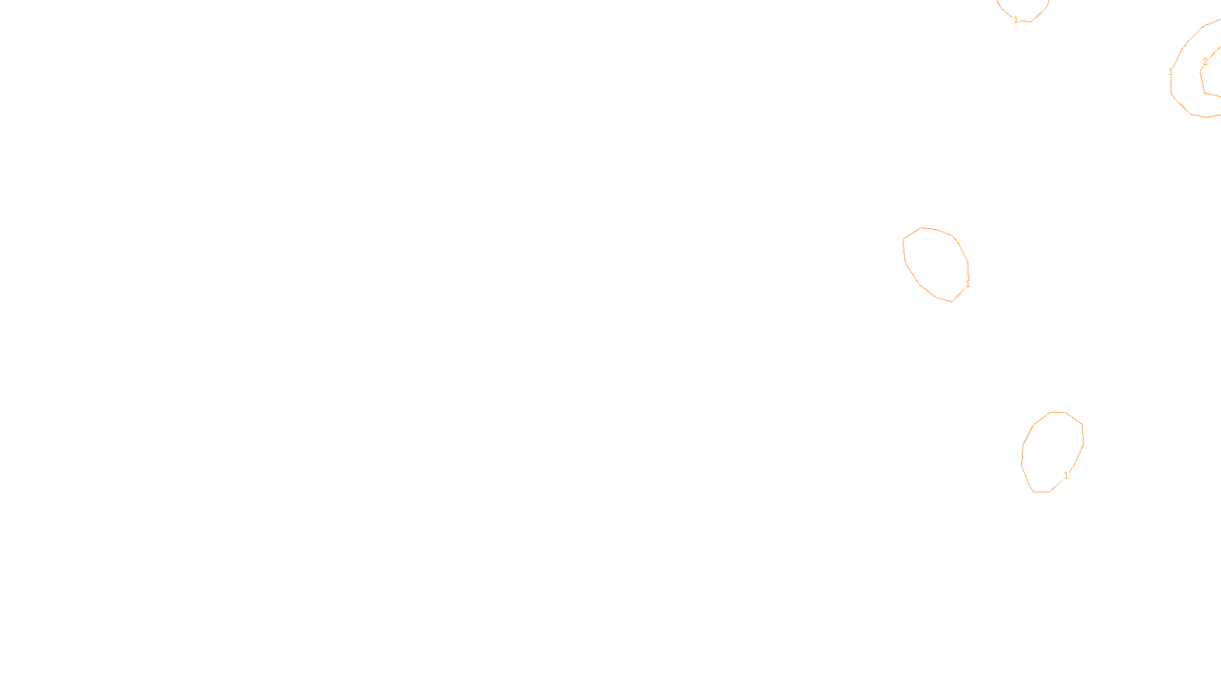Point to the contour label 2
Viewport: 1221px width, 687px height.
(x=1205, y=62)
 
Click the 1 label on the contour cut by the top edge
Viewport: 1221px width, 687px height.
(x=1016, y=20)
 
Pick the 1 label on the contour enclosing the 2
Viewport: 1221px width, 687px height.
(x=1171, y=72)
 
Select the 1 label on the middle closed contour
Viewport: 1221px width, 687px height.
(x=968, y=284)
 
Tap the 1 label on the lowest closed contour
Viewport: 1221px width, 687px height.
(x=1066, y=476)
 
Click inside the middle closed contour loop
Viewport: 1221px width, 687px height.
(x=936, y=263)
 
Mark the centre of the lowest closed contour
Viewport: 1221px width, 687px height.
(x=1052, y=452)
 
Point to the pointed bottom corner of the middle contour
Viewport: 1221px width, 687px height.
(x=952, y=302)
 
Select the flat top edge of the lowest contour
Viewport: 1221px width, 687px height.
(x=1058, y=412)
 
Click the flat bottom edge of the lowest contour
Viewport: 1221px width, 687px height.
(x=1042, y=492)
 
